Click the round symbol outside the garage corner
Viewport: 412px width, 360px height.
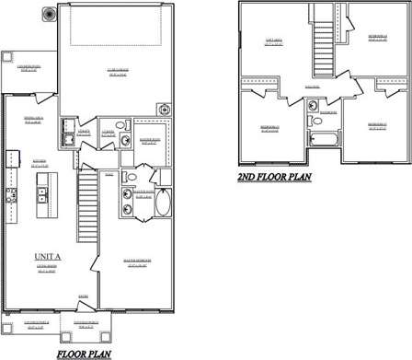pos(47,15)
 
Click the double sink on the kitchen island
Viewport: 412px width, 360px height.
pos(40,194)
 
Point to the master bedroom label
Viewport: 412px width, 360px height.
pos(137,262)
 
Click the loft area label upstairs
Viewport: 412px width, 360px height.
pos(273,41)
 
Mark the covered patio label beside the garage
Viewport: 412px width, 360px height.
pos(29,68)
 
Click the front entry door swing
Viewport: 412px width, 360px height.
pos(85,305)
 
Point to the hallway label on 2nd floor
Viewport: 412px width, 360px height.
pos(312,87)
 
